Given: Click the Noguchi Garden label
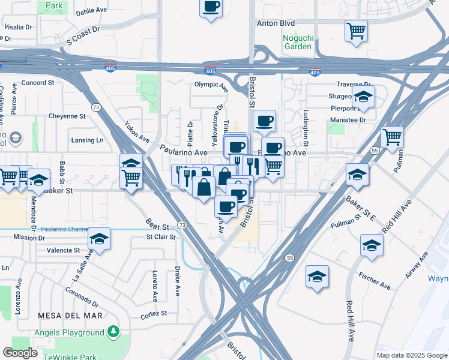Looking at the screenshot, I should pyautogui.click(x=298, y=41).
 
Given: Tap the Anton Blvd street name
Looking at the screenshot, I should pyautogui.click(x=276, y=23).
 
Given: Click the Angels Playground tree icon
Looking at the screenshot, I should pyautogui.click(x=112, y=332).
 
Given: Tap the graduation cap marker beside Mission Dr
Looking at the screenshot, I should pyautogui.click(x=100, y=239).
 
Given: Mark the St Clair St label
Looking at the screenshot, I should pyautogui.click(x=160, y=237).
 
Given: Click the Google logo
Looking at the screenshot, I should pyautogui.click(x=20, y=353).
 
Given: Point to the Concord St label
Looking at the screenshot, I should pyautogui.click(x=38, y=82).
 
